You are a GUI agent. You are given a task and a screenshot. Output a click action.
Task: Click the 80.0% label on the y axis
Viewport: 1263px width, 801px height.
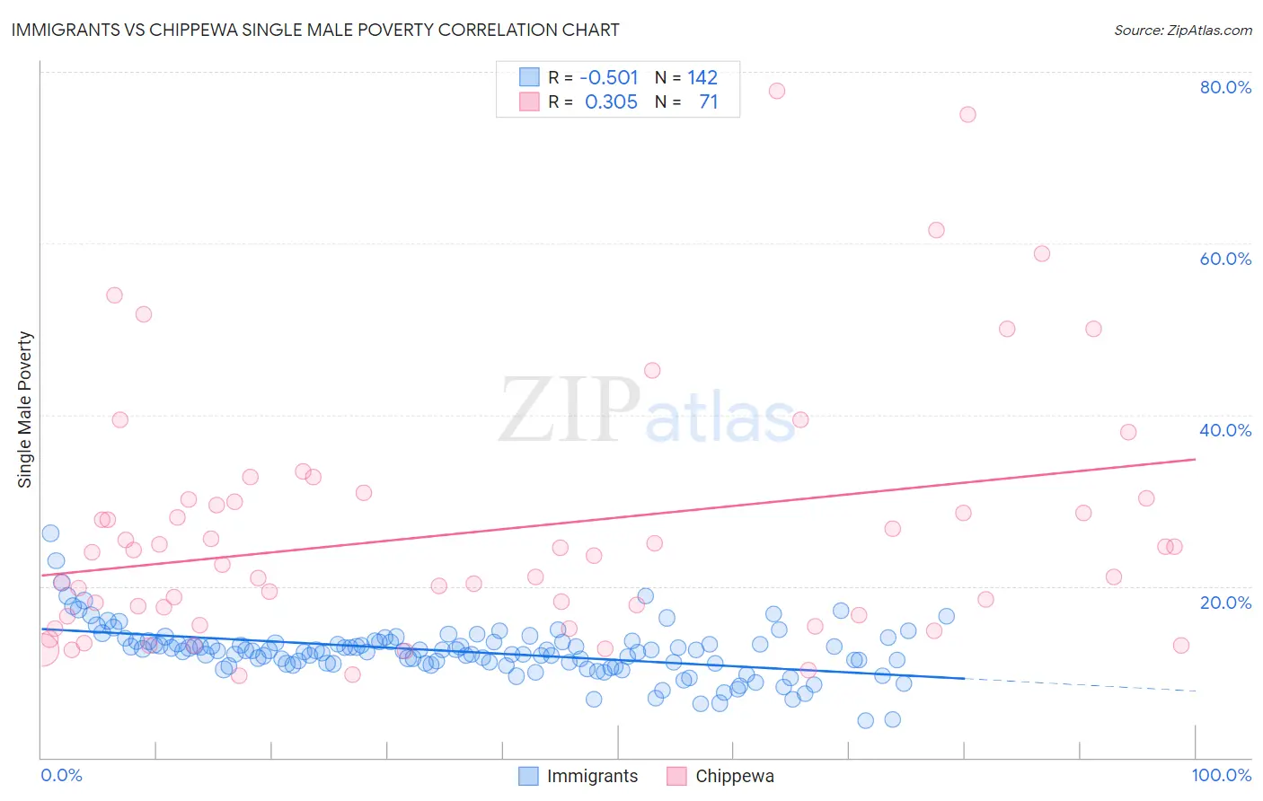click(x=1225, y=87)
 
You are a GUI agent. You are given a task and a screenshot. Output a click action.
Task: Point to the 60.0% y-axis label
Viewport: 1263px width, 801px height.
click(x=1225, y=259)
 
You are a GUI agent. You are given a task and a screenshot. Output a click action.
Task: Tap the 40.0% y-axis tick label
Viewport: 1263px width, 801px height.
click(x=1225, y=430)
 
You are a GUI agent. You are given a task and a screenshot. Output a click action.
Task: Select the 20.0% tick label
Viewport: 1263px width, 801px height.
click(x=1225, y=603)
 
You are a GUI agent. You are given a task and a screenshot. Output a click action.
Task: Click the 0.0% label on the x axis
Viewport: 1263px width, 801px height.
click(x=61, y=775)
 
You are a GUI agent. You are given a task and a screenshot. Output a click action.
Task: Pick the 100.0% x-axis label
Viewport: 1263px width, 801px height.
click(x=1221, y=775)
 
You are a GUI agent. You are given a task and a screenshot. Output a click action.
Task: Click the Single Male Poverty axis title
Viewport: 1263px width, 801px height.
click(x=25, y=409)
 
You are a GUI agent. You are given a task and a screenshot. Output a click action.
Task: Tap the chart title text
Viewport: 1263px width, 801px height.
click(x=315, y=30)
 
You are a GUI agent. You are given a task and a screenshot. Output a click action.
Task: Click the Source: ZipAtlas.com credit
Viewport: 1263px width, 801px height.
click(x=1182, y=30)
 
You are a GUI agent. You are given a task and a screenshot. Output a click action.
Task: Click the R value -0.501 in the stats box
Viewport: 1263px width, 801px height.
click(x=609, y=77)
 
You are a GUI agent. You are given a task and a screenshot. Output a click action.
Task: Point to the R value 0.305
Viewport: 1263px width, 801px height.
click(x=611, y=101)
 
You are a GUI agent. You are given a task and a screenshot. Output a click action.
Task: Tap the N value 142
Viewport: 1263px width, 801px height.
click(x=702, y=77)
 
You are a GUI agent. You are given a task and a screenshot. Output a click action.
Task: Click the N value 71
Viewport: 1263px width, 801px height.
click(x=709, y=101)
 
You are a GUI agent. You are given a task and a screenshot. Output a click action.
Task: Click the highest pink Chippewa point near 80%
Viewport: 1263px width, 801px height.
click(x=777, y=91)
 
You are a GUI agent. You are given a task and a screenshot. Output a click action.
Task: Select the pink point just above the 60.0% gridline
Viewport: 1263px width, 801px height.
click(x=936, y=230)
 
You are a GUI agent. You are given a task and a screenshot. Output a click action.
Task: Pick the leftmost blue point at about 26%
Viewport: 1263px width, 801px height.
click(x=50, y=533)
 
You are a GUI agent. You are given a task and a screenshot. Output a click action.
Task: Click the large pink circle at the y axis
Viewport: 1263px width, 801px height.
click(x=41, y=648)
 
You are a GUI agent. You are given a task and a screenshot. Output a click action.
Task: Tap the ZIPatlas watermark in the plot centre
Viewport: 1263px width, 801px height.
click(x=647, y=411)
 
